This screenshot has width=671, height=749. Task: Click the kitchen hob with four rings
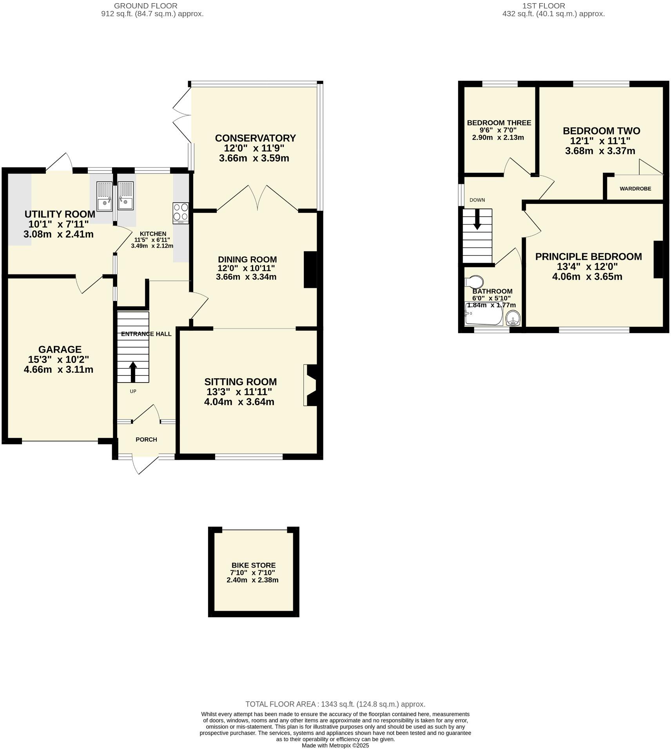(x=181, y=213)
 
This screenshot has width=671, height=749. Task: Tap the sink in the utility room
(x=105, y=196)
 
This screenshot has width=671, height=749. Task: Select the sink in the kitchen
(x=126, y=196)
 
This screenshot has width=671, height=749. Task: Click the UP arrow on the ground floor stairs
(x=133, y=371)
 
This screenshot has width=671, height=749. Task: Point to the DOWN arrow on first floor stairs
(x=477, y=219)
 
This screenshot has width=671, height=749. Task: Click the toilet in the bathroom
(x=474, y=282)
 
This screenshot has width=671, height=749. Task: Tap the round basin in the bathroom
(x=513, y=318)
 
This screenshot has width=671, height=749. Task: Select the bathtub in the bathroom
(x=484, y=314)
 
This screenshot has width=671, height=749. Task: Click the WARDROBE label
(x=635, y=189)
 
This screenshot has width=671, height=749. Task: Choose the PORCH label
(x=146, y=439)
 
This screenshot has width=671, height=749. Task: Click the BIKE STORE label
(x=253, y=565)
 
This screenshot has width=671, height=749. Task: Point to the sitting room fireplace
(x=312, y=385)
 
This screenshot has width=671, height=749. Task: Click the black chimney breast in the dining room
(x=310, y=269)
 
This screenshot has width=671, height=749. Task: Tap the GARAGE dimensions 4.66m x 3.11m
(x=58, y=369)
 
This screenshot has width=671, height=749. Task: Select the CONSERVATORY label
(x=255, y=138)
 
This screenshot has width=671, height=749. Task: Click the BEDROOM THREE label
(x=499, y=123)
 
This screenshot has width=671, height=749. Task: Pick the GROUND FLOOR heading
(x=145, y=6)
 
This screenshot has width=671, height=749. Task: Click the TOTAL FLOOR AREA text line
(x=335, y=704)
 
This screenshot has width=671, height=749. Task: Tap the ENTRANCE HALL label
(x=146, y=334)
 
